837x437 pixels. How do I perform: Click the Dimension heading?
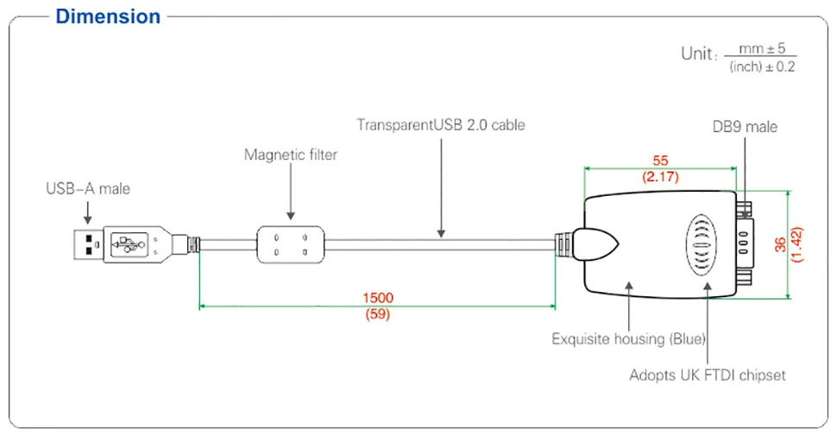[x=108, y=16]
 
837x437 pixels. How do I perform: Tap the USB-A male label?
[x=88, y=188]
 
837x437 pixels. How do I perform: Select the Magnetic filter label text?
[x=291, y=155]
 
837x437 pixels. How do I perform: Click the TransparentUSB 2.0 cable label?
[x=441, y=125]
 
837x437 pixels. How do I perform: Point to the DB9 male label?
[x=746, y=127]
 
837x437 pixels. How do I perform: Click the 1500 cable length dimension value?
[x=378, y=298]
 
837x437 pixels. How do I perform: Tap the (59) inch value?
[x=377, y=314]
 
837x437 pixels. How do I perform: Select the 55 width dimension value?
[x=660, y=161]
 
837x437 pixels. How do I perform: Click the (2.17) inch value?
[x=660, y=177]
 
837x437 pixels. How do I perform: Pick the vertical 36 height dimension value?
[x=780, y=244]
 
